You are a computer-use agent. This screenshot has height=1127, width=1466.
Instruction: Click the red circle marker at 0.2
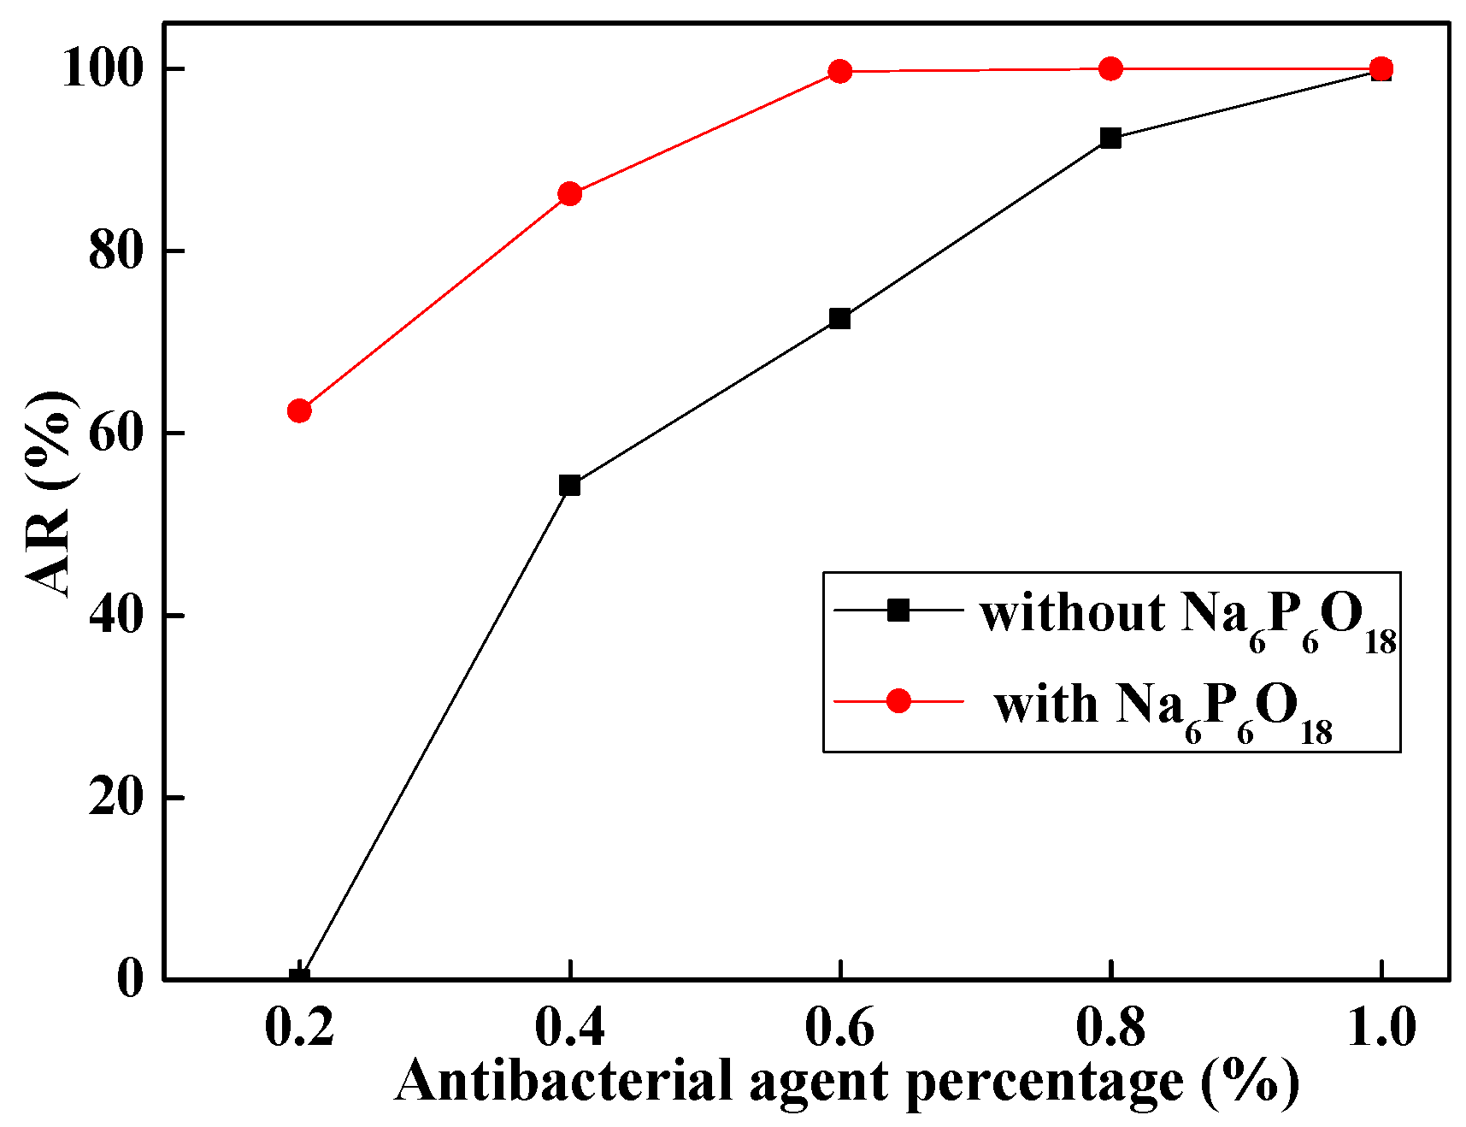pyautogui.click(x=299, y=410)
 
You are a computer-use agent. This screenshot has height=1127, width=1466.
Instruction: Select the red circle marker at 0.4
pyautogui.click(x=569, y=194)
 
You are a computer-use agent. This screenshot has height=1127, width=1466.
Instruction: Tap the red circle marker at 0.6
pyautogui.click(x=840, y=71)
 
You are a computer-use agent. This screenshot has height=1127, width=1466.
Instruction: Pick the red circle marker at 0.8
pyautogui.click(x=1110, y=68)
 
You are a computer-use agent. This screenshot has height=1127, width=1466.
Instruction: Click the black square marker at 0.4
pyautogui.click(x=569, y=486)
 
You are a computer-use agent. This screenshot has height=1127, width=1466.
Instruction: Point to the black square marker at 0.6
pyautogui.click(x=840, y=319)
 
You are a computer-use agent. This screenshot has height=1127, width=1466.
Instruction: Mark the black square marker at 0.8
pyautogui.click(x=1110, y=138)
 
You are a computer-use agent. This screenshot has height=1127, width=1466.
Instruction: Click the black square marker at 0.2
pyautogui.click(x=299, y=976)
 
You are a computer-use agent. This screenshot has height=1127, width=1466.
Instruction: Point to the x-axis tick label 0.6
pyautogui.click(x=839, y=1026)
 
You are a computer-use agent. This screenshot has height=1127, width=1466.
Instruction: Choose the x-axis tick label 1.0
pyautogui.click(x=1381, y=1026)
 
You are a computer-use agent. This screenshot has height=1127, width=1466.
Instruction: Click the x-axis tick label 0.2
pyautogui.click(x=299, y=1026)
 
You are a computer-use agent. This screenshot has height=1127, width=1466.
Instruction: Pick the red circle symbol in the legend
pyautogui.click(x=898, y=701)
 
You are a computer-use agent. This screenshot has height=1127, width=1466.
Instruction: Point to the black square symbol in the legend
pyautogui.click(x=898, y=610)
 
